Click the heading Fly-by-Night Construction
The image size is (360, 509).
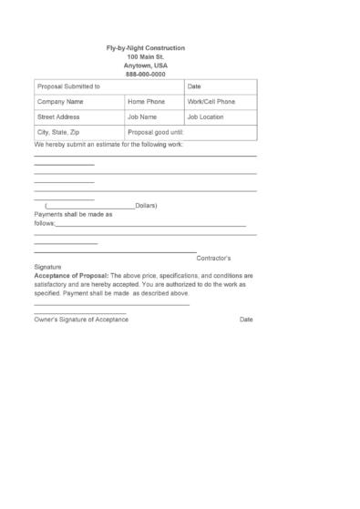pyautogui.click(x=145, y=47)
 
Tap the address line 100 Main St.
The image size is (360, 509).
pyautogui.click(x=145, y=56)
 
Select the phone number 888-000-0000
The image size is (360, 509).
pyautogui.click(x=145, y=74)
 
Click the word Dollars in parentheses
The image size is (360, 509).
pyautogui.click(x=146, y=206)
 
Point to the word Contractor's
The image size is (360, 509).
pyautogui.click(x=220, y=259)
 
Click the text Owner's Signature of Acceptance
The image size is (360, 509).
pyautogui.click(x=81, y=320)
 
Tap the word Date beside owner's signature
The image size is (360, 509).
pyautogui.click(x=246, y=320)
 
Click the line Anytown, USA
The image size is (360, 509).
pyautogui.click(x=145, y=66)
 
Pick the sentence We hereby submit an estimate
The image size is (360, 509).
pyautogui.click(x=108, y=144)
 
